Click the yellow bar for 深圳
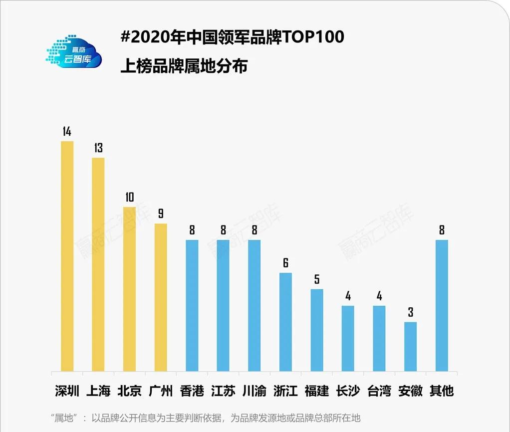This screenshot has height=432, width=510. click(67, 256)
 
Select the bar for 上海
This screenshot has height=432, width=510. click(98, 264)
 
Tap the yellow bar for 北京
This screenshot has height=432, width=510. click(129, 289)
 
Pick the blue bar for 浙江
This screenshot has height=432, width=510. click(285, 322)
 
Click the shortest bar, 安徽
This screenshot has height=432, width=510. click(410, 347)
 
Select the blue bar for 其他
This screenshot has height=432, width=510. click(442, 306)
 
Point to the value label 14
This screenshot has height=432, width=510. click(67, 132)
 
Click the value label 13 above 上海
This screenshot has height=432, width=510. click(98, 148)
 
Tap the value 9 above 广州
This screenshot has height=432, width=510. click(161, 214)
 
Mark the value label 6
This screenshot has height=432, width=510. click(285, 263)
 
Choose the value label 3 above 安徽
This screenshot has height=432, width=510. click(410, 313)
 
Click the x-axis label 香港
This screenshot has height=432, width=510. click(192, 391)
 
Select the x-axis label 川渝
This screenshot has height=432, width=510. click(255, 391)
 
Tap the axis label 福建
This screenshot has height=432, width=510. click(317, 391)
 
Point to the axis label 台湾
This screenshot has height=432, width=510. click(379, 391)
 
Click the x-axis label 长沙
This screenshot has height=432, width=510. click(348, 391)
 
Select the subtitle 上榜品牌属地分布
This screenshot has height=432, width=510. click(184, 66)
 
